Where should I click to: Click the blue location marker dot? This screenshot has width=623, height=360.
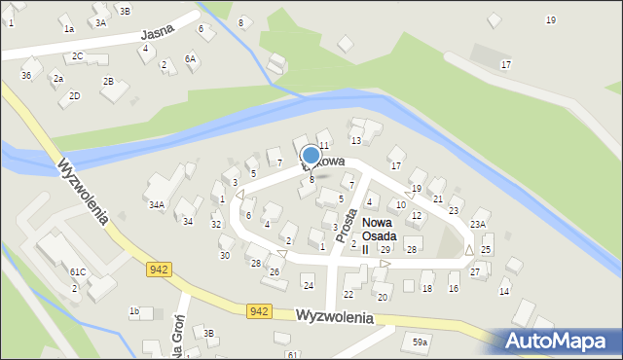coord(311,155)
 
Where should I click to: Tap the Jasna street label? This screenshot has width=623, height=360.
coord(156,37)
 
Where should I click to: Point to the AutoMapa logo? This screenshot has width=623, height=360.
coord(559,341)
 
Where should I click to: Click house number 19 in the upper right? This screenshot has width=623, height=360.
coord(551,20)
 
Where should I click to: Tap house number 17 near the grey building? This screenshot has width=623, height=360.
coord(505,64)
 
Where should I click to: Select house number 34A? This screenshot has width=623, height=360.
coord(156,205)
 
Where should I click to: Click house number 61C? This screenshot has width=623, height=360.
coord(77,271)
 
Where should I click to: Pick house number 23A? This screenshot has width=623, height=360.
coord(478,225)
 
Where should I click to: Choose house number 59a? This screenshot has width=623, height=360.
coord(420,342)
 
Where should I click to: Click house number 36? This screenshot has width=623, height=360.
coord(26,75)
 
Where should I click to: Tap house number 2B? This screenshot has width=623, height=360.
coord(108,81)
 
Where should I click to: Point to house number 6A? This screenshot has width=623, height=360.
coord(191,58)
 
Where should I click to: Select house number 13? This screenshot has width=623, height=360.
coord(355,141)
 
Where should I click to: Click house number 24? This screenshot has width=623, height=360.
coord(308,285)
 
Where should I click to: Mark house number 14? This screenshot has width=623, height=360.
coord(504,291)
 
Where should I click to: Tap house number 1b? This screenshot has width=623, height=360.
coord(134,311)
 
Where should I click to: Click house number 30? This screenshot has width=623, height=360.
coord(224,255)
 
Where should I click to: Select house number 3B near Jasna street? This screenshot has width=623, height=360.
coord(124,10)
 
